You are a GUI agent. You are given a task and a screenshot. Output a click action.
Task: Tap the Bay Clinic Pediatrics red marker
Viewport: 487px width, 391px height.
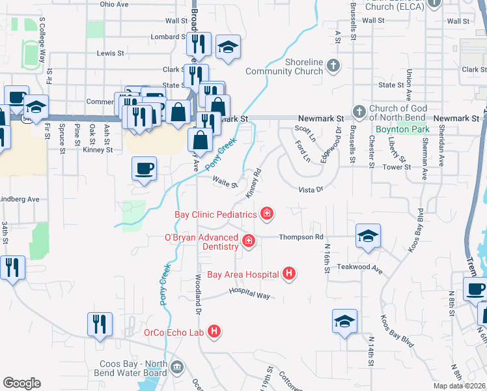coord(266,213)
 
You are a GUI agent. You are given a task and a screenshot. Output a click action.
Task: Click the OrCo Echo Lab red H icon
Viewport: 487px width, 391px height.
coord(214,332)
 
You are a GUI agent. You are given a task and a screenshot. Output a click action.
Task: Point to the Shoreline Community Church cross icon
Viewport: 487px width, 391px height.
coord(333,66)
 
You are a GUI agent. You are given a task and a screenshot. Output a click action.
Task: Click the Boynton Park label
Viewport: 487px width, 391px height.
coord(404,130)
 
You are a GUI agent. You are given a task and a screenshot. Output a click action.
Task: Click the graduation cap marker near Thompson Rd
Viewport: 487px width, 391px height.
coord(367,236)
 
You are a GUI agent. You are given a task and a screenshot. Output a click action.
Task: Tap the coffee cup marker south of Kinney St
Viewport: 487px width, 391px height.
coord(144,169)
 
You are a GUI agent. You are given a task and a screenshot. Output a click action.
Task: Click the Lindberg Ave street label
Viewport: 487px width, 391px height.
coord(20,199)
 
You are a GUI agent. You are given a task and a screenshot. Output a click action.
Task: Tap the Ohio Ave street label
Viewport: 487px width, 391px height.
coord(115,4)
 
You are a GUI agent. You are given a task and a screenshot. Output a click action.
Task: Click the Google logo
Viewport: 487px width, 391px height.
coord(21,383)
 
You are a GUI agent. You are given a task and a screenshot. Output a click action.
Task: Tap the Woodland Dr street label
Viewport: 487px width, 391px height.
coord(197,287)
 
